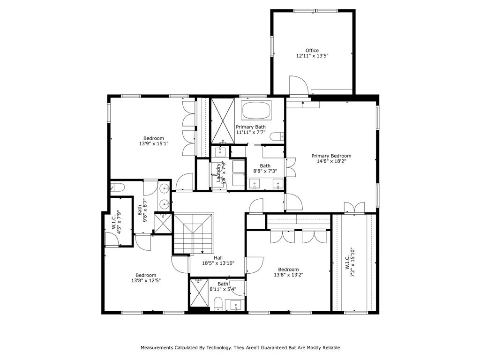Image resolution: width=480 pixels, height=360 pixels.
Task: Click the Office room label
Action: (312, 51)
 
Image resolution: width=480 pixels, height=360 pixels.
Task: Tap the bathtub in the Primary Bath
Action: (256, 111)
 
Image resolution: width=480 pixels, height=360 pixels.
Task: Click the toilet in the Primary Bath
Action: (278, 136)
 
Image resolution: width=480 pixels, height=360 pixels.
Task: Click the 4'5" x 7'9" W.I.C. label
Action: (116, 221)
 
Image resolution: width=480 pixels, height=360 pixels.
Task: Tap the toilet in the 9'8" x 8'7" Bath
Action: (117, 187)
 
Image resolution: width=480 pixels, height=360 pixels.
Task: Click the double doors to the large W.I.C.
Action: (354, 207)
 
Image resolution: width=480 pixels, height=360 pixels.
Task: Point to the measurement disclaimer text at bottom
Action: (240, 348)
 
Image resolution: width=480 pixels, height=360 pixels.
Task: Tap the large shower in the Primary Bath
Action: (222, 120)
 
